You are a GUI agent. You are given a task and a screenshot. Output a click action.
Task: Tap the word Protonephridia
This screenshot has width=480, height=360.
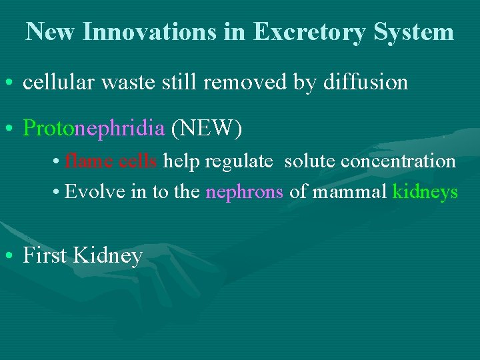click(x=93, y=127)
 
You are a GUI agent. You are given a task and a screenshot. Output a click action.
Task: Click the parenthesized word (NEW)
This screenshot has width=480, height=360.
click(x=207, y=127)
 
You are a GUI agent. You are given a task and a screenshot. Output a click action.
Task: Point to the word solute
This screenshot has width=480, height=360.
click(x=310, y=161)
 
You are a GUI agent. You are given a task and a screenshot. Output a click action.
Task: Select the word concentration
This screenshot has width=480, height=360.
click(x=399, y=161)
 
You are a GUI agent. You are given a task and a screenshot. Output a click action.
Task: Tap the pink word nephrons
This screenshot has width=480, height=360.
click(x=245, y=192)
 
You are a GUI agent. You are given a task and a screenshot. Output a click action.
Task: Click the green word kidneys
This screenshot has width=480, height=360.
click(x=425, y=192)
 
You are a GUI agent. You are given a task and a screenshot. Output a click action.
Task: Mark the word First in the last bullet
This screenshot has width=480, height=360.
click(x=45, y=255)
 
